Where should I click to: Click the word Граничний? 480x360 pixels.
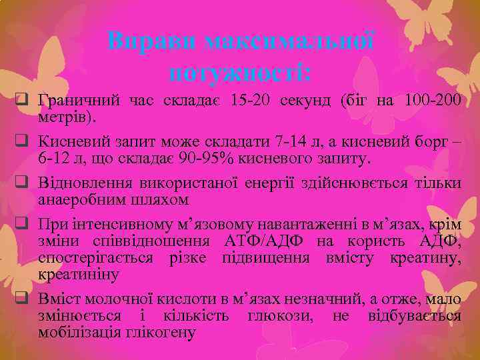click(76, 101)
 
